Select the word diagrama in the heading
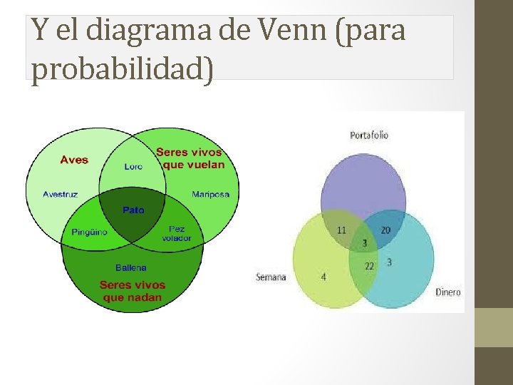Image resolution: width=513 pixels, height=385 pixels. click(x=146, y=31)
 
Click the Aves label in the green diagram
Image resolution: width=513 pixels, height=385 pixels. click(x=74, y=160)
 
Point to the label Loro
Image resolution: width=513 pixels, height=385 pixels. click(x=133, y=166)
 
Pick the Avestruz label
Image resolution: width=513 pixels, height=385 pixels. click(x=61, y=194)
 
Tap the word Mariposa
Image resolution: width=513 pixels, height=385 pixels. click(x=211, y=194)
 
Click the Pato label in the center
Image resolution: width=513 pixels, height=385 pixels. click(x=133, y=210)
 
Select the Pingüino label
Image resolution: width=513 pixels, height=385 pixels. click(x=89, y=232)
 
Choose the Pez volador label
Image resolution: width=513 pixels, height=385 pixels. click(x=176, y=233)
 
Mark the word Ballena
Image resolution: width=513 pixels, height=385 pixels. click(x=131, y=267)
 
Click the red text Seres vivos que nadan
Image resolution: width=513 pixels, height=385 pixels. click(x=133, y=291)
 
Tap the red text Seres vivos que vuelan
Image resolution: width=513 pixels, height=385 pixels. click(x=190, y=158)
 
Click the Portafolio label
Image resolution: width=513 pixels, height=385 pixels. click(x=369, y=135)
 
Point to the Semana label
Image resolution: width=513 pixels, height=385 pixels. click(x=271, y=277)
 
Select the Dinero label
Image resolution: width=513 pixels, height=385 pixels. click(x=448, y=292)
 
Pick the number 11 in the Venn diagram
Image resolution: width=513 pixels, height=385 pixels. click(x=341, y=230)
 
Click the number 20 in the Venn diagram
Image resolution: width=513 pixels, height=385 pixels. click(x=385, y=230)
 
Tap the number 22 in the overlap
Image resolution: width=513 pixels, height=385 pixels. click(x=369, y=266)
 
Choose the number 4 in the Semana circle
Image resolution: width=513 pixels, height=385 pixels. click(x=323, y=277)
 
